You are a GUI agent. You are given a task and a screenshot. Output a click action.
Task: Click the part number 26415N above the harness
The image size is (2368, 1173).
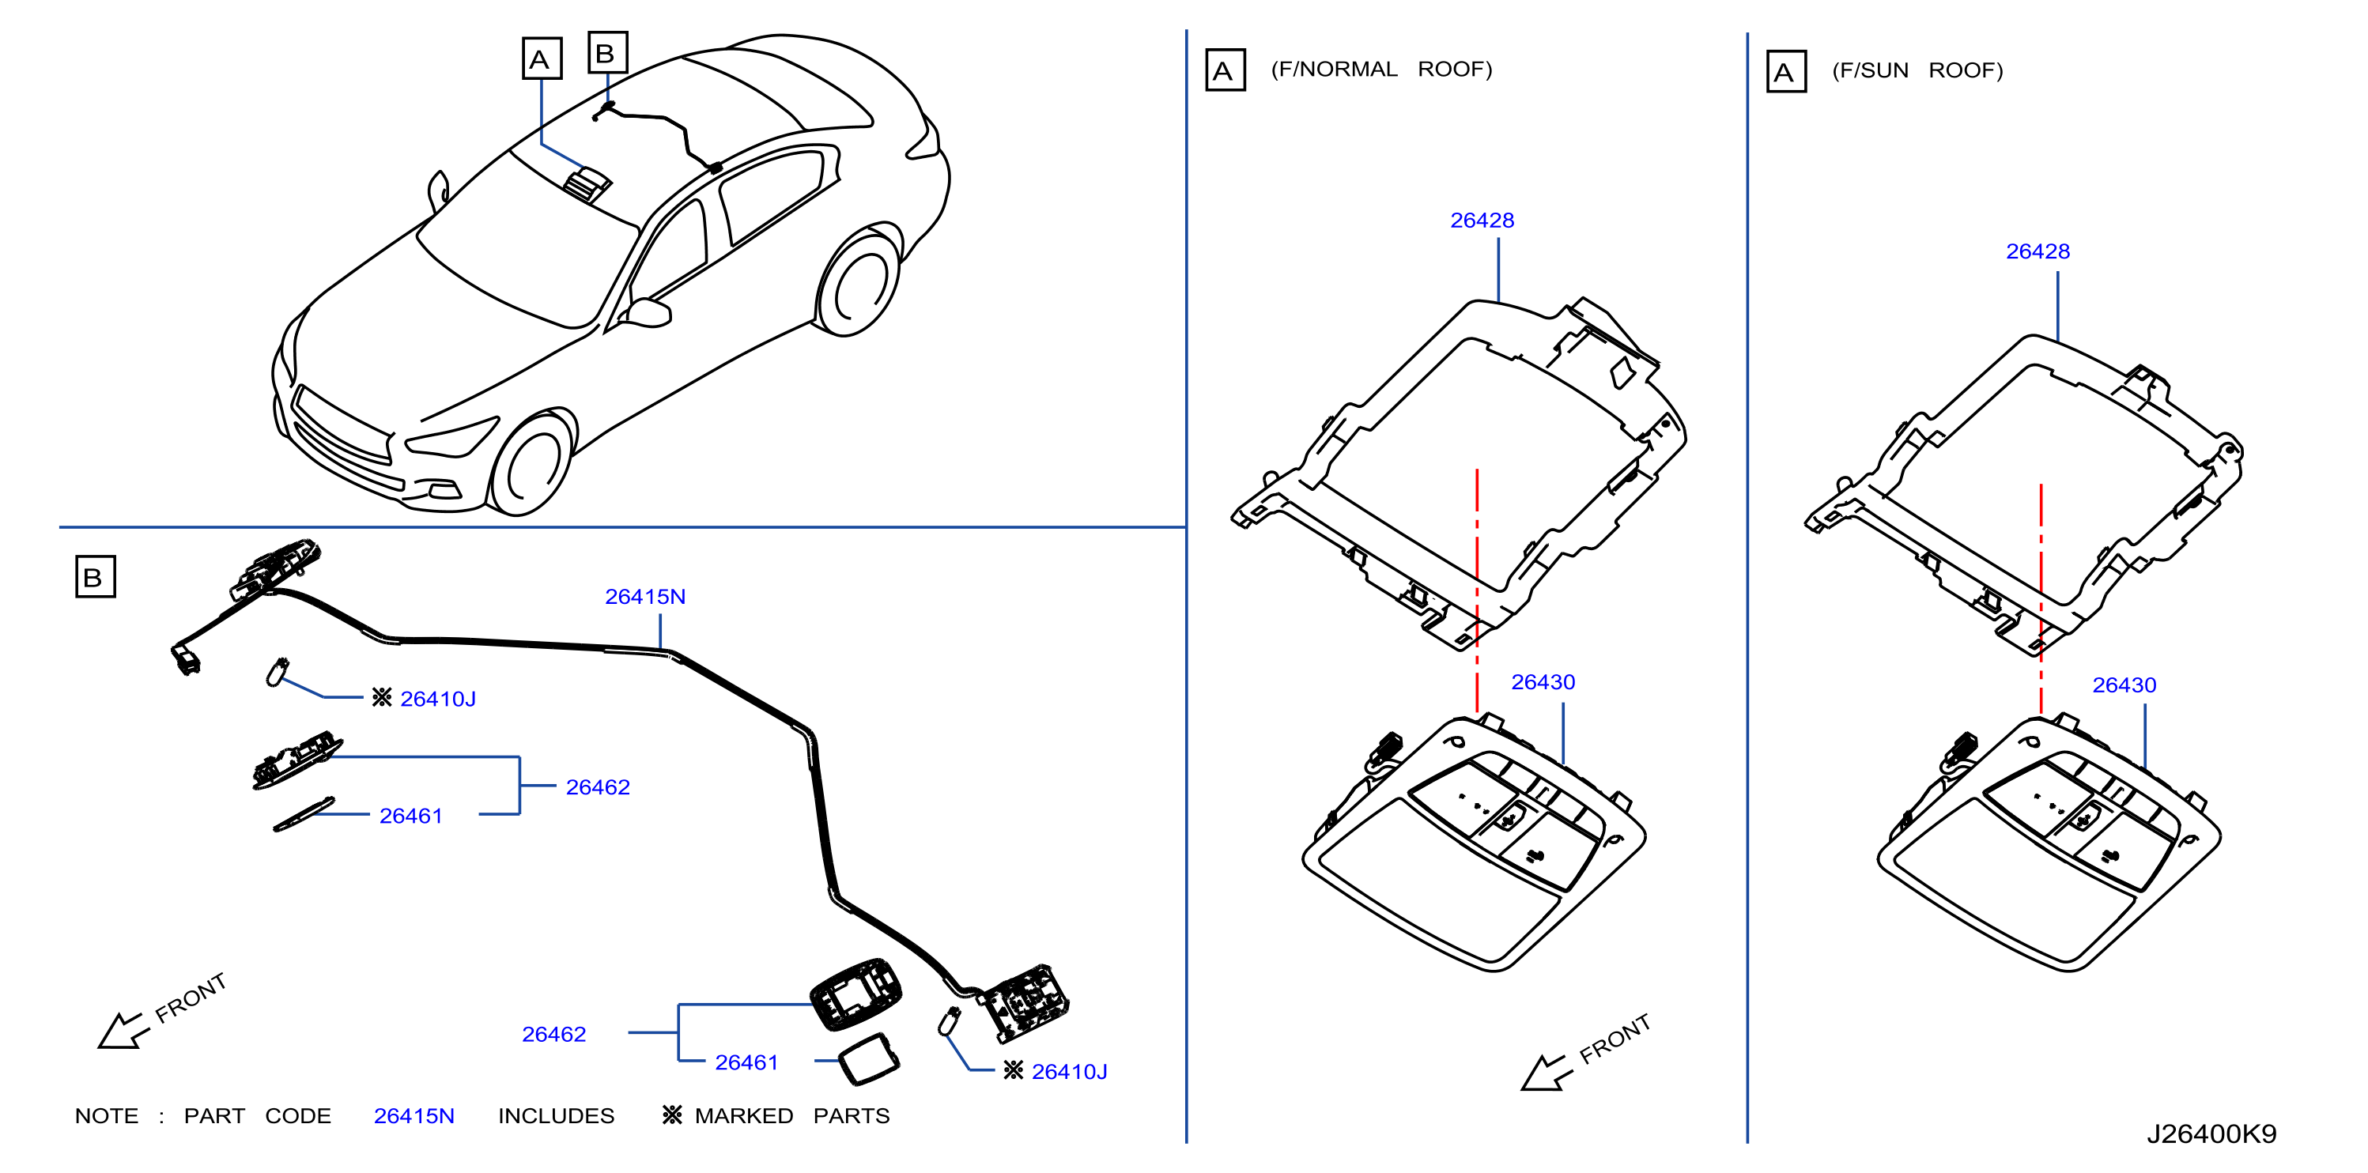pos(644,597)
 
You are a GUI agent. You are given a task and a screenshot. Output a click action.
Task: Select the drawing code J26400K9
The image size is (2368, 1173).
pos(2211,1133)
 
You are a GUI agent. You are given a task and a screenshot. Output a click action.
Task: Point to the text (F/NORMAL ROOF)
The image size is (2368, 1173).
pos(1381,70)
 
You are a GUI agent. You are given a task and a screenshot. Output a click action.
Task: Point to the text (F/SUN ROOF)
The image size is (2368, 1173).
pos(1917,71)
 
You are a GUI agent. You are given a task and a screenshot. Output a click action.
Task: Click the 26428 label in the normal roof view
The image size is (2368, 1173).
pos(1482,221)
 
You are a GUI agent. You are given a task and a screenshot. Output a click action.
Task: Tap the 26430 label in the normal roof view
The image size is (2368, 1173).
pos(1543,682)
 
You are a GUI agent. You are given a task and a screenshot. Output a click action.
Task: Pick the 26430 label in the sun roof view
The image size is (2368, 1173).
pos(2124,685)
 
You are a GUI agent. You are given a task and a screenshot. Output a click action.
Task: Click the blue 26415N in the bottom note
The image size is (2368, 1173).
pos(414,1116)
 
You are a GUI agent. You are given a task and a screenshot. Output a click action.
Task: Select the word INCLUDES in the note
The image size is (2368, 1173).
pos(556,1116)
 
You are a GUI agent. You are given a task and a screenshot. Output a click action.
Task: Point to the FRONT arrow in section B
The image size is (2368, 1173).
pos(125,1031)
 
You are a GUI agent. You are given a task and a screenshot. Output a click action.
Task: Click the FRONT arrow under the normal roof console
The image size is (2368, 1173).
pos(1548,1073)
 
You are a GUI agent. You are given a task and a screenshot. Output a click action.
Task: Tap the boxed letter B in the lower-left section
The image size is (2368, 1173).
pos(95,576)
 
